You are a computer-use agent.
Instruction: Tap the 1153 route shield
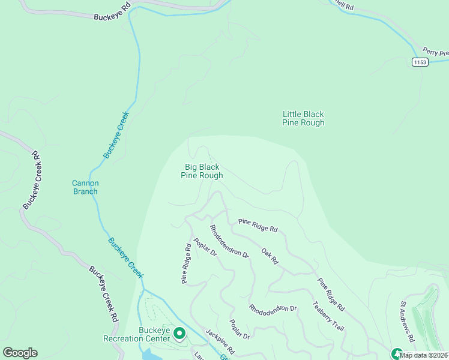coord(420,62)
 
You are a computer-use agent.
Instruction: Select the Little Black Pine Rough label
coord(303,118)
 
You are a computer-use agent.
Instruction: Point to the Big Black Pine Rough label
coord(202,171)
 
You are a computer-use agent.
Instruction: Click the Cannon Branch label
coord(85,187)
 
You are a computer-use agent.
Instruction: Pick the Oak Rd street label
coord(270,256)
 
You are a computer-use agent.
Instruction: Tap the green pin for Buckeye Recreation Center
coord(179,332)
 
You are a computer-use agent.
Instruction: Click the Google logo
coord(20,353)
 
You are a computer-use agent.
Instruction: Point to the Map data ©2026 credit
coord(424,355)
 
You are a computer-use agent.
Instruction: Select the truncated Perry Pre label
coord(435,53)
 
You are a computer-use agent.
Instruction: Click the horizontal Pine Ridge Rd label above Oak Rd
coord(258,225)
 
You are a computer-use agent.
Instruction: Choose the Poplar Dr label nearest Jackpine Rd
coord(240,329)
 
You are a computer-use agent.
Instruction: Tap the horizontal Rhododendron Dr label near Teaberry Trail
coord(273,308)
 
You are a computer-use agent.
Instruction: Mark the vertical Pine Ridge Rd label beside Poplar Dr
coord(187,263)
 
